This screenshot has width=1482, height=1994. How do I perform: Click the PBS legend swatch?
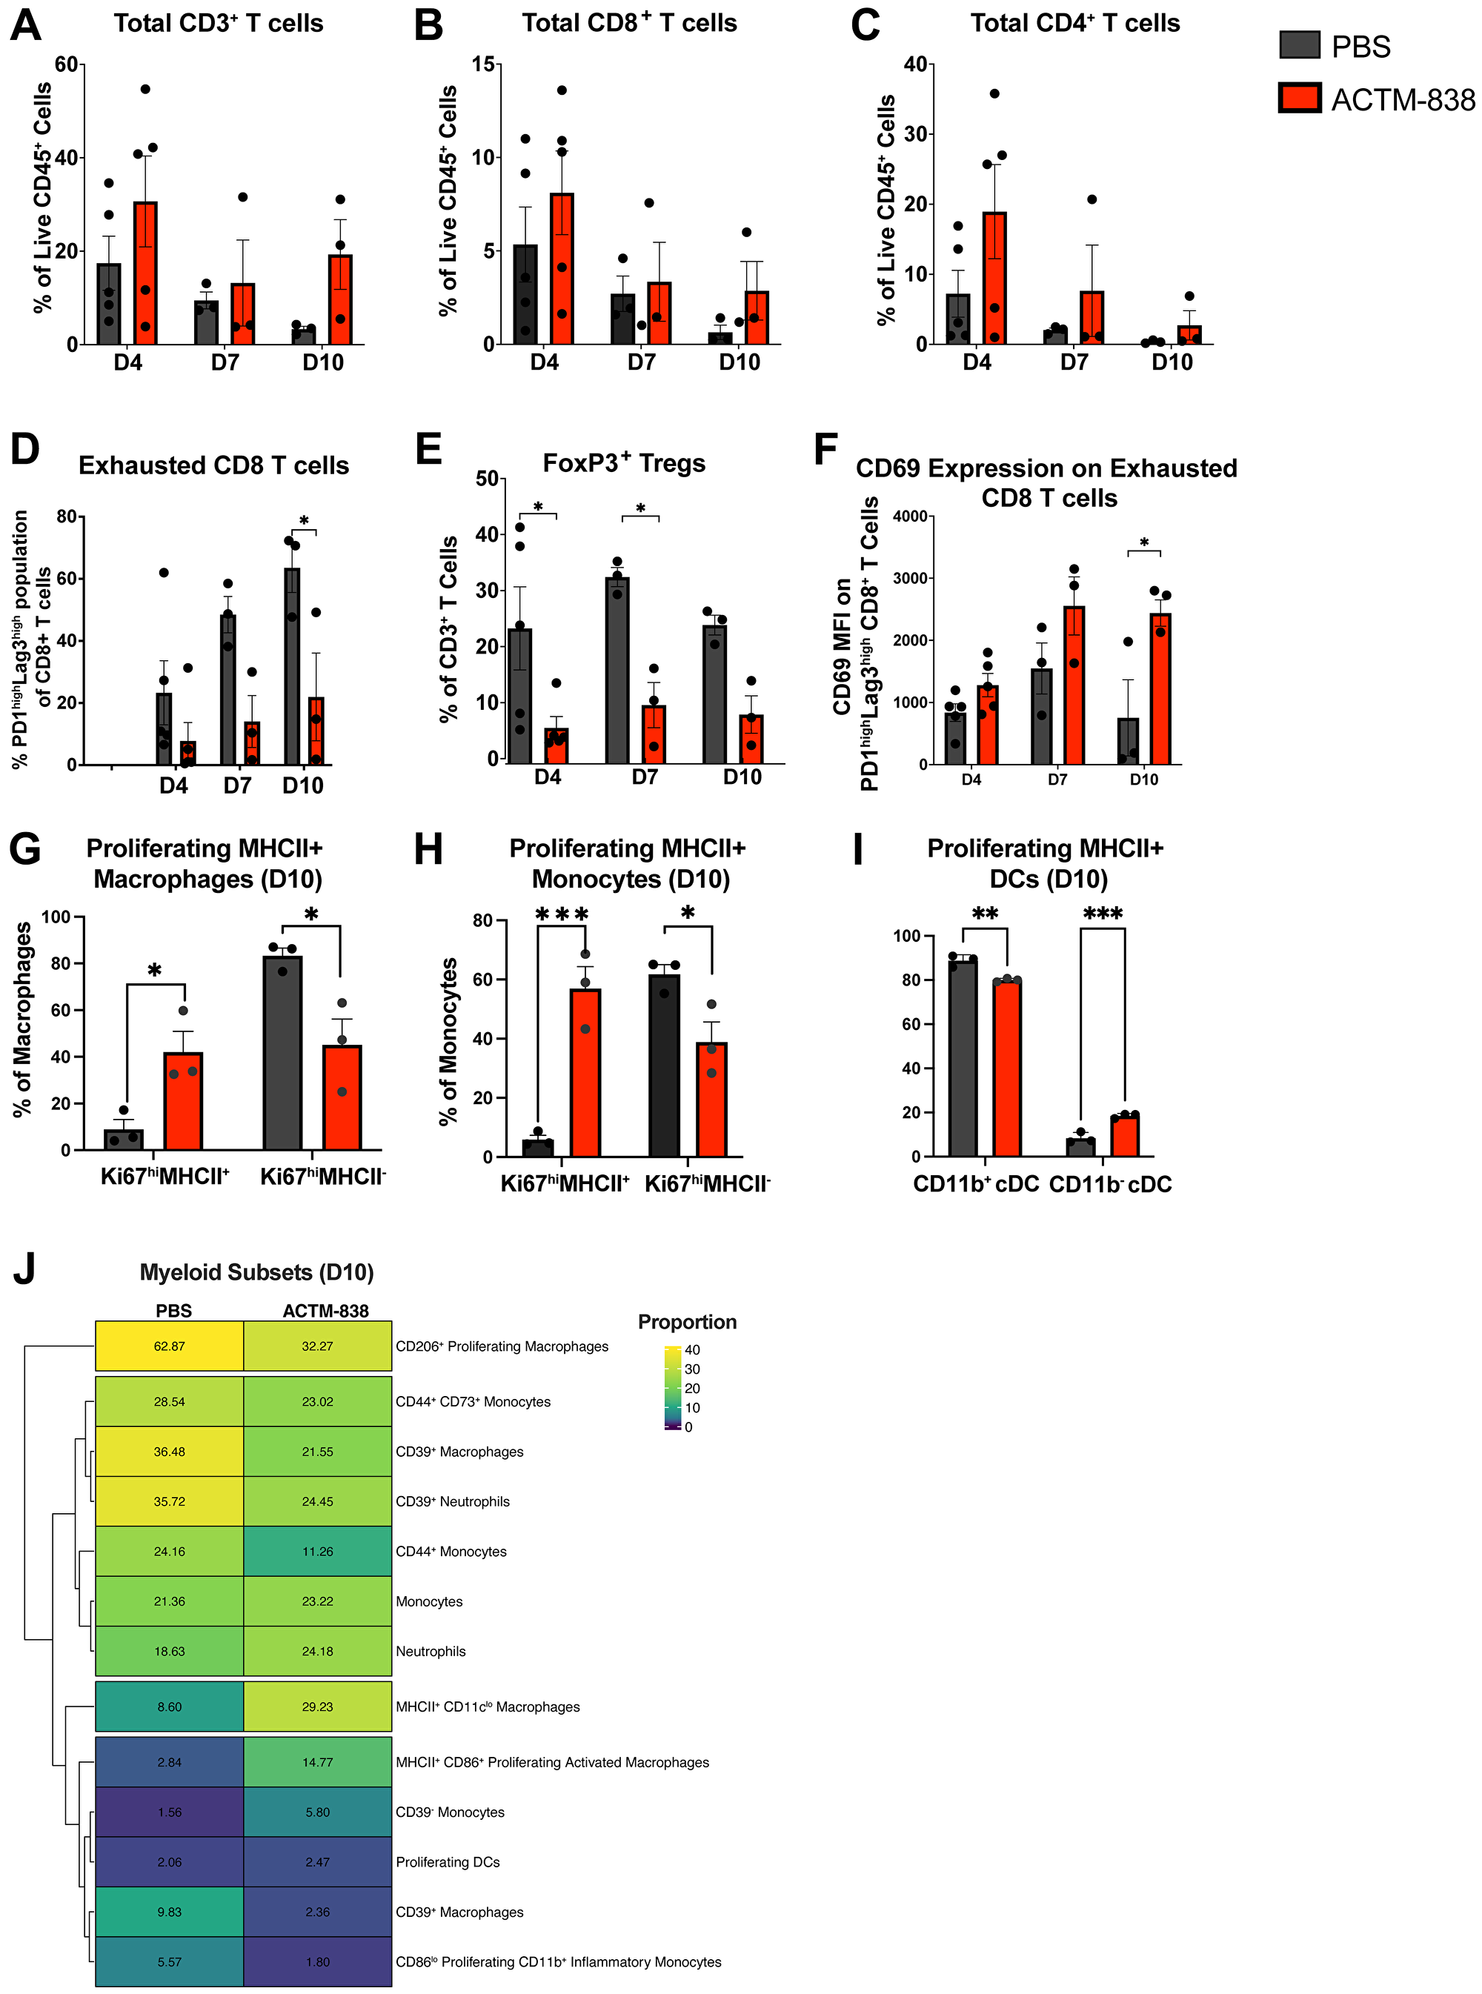pos(1299,45)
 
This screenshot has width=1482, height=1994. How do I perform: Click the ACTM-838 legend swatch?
pos(1299,98)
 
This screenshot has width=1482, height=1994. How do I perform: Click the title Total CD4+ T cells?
pos(1074,23)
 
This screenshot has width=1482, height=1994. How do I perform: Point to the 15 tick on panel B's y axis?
pos(482,64)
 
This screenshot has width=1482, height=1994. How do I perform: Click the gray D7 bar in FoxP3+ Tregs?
pos(617,669)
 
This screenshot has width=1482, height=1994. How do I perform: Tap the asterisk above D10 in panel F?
pos(1144,542)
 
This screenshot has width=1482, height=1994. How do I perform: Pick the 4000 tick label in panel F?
pos(910,516)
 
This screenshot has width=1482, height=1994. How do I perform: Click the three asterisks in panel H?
pos(562,915)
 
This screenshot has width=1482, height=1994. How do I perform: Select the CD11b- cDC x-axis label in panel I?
pos(1110,1184)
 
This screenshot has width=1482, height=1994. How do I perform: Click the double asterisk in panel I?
pos(985,914)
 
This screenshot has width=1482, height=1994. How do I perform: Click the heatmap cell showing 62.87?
pos(170,1346)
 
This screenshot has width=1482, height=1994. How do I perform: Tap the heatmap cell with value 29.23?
pos(318,1706)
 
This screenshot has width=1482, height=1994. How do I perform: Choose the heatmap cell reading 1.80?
pos(318,1961)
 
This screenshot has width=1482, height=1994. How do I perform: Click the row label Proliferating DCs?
pos(448,1861)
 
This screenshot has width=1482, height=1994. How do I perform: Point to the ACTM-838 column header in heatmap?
pos(325,1311)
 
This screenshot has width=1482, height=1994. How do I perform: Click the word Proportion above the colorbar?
pos(686,1321)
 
